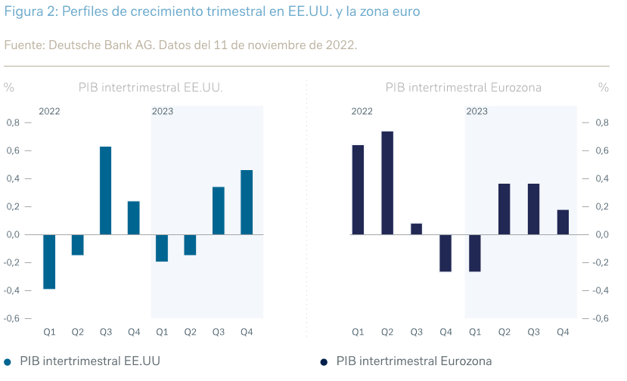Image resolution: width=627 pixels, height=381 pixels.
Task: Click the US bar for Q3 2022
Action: [106, 190]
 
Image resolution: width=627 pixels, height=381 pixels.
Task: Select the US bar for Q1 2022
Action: [49, 262]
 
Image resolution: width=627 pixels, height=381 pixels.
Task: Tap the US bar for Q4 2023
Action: [247, 202]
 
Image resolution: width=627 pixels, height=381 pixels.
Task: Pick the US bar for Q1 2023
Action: [162, 248]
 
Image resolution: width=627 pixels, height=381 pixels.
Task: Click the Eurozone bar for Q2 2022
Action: [387, 183]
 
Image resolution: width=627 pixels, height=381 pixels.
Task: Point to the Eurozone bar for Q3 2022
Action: [417, 229]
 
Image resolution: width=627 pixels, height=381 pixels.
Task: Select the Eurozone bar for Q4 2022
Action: [445, 252]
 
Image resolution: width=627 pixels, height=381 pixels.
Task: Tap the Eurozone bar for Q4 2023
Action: [563, 222]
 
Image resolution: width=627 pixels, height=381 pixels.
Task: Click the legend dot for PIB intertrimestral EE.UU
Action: [8, 362]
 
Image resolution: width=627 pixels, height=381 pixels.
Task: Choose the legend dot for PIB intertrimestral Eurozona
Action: [324, 362]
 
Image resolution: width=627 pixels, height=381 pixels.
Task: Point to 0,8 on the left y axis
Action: [14, 122]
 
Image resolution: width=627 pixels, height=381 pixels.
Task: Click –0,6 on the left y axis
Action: [13, 318]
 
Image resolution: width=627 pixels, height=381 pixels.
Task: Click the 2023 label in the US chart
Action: [163, 111]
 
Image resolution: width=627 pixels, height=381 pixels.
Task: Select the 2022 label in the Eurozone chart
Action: [362, 111]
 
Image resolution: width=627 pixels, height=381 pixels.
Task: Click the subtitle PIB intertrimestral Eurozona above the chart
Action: [463, 87]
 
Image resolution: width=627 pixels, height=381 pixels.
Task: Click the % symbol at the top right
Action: [603, 87]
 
